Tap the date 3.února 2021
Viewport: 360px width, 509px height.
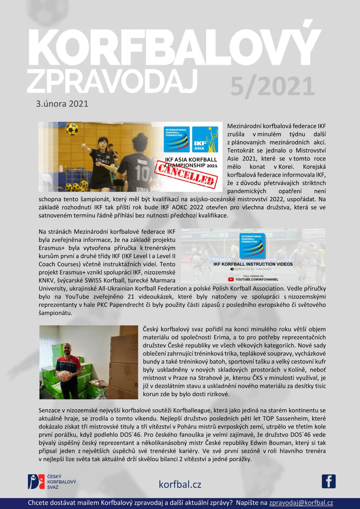click(62, 103)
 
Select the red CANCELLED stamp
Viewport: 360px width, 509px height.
click(185, 175)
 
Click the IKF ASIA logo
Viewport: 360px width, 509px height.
click(205, 139)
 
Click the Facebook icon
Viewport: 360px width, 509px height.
click(329, 481)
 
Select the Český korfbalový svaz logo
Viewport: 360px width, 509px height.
click(52, 482)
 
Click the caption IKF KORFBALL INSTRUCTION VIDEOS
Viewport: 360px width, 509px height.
click(253, 264)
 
